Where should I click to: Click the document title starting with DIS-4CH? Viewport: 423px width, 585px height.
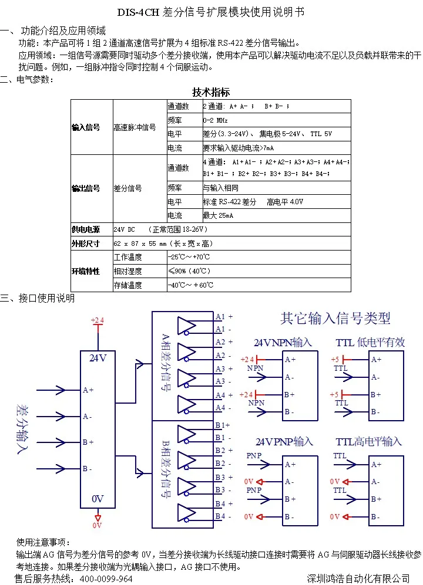[x=211, y=12]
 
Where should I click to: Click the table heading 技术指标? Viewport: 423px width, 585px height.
[x=211, y=92]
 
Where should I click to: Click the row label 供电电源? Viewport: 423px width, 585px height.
[x=86, y=229]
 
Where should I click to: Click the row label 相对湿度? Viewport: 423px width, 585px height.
[x=128, y=271]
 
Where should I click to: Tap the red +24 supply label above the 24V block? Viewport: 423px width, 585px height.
[x=98, y=320]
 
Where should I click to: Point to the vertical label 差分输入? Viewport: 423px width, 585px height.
[x=22, y=429]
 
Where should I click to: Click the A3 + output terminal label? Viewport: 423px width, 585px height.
[x=224, y=368]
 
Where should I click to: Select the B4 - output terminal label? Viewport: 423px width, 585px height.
[x=223, y=516]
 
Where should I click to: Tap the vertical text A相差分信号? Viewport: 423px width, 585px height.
[x=165, y=362]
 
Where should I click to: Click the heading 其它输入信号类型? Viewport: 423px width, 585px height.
[x=335, y=318]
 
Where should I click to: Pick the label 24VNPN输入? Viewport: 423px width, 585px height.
[x=283, y=343]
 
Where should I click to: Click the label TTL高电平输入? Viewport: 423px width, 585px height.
[x=368, y=442]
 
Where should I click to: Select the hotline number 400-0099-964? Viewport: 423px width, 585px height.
[x=106, y=579]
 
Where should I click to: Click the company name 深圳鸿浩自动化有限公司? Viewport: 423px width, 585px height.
[x=358, y=579]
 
